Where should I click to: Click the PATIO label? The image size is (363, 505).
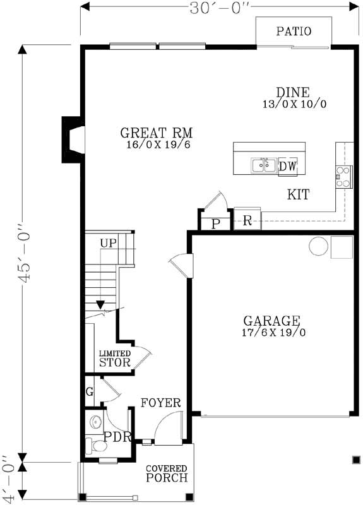(x=293, y=31)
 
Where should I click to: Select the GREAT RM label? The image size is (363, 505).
(x=157, y=133)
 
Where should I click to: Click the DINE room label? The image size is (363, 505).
(x=292, y=93)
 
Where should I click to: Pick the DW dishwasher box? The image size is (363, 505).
(x=287, y=166)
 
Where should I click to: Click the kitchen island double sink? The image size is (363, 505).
(x=263, y=165)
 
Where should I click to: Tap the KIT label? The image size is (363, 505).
(x=298, y=195)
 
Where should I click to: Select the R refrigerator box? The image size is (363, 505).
(x=247, y=221)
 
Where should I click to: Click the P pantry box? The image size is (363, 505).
(x=215, y=224)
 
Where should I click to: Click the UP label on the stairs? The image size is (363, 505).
(x=108, y=243)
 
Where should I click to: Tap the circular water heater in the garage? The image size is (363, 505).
(x=318, y=245)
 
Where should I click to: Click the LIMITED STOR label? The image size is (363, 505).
(x=115, y=359)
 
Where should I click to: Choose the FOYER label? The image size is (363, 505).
(x=161, y=403)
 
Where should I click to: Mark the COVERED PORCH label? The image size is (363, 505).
(x=167, y=473)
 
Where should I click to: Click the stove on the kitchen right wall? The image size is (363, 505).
(x=344, y=176)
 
